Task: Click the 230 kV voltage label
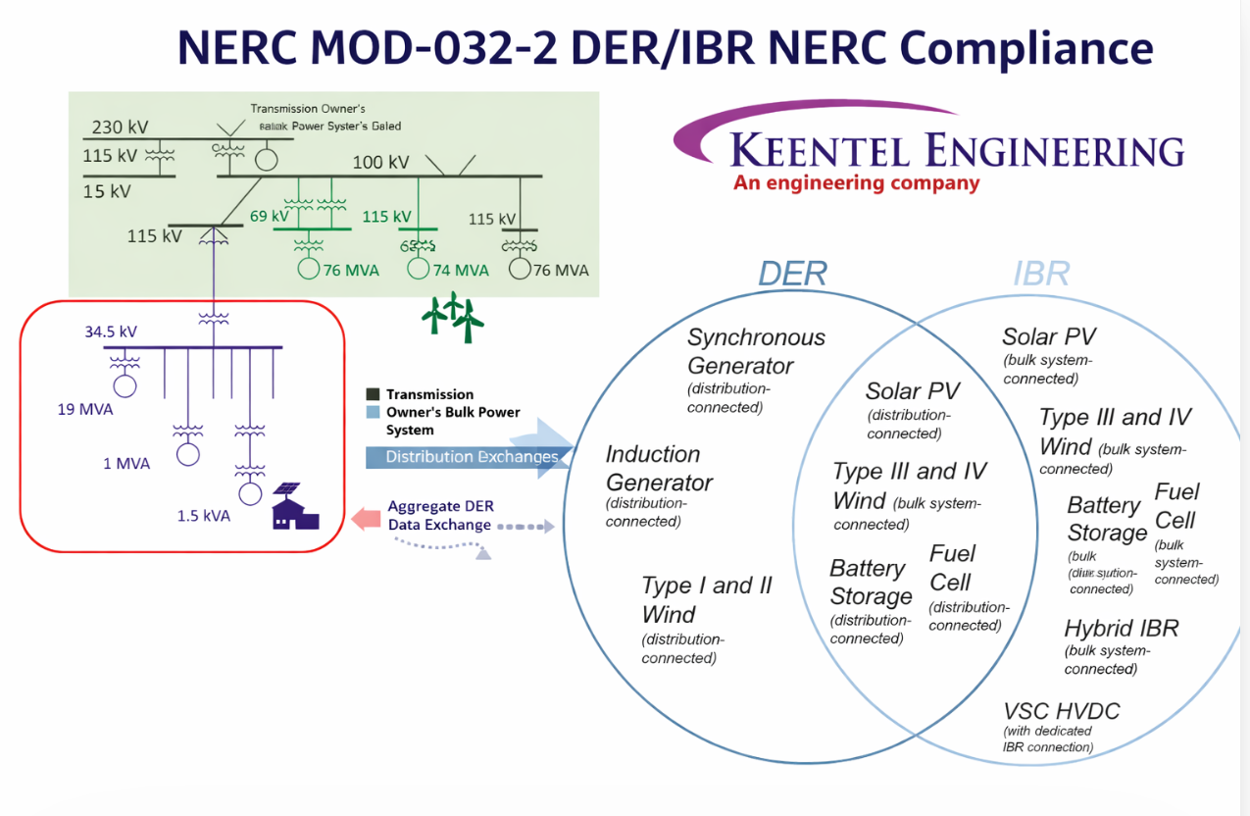[x=121, y=127]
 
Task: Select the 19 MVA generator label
[x=84, y=409]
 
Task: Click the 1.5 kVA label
[x=203, y=515]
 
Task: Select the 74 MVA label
[x=460, y=270]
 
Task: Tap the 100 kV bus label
[x=380, y=162]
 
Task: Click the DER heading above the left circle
[x=792, y=274]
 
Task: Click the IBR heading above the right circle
[x=1041, y=274]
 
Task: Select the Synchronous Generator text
[x=756, y=351]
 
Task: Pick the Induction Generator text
[x=658, y=468]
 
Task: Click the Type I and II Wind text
[x=706, y=599]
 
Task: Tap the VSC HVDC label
[x=1061, y=711]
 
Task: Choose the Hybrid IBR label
[x=1122, y=629]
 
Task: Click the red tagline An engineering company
[x=856, y=183]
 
